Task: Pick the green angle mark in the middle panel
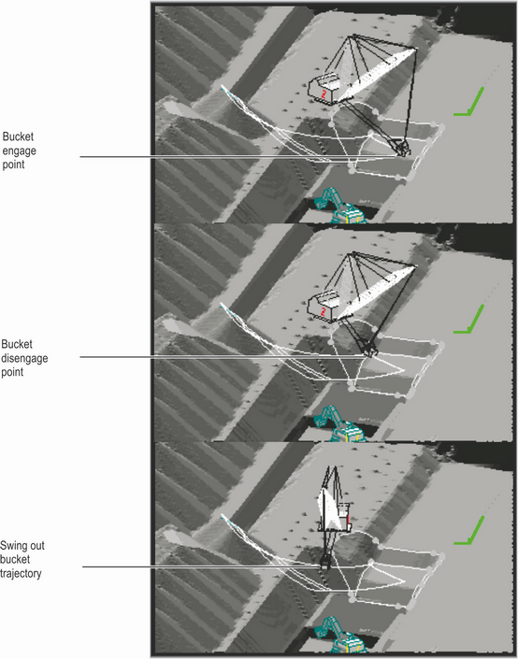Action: click(470, 320)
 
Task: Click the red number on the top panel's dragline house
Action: click(324, 94)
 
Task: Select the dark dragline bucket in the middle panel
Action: click(369, 351)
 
